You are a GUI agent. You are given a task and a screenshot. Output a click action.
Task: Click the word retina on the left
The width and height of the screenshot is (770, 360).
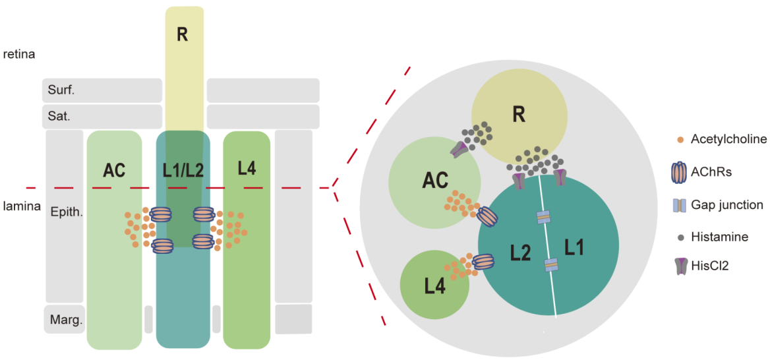click(18, 54)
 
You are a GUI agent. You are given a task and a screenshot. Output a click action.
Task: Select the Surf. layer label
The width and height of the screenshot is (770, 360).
click(61, 90)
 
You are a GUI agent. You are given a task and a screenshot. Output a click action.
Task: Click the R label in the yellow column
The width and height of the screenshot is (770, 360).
click(183, 35)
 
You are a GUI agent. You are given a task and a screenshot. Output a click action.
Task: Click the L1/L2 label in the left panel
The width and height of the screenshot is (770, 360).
click(183, 169)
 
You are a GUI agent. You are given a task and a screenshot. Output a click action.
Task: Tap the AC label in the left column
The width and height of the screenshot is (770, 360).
click(114, 169)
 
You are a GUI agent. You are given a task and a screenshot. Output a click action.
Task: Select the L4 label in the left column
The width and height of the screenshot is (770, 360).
click(247, 168)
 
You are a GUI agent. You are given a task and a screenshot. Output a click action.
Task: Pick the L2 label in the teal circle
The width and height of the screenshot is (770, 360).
click(521, 252)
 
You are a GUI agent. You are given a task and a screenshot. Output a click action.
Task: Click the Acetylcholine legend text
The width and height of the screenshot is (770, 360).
click(728, 139)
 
